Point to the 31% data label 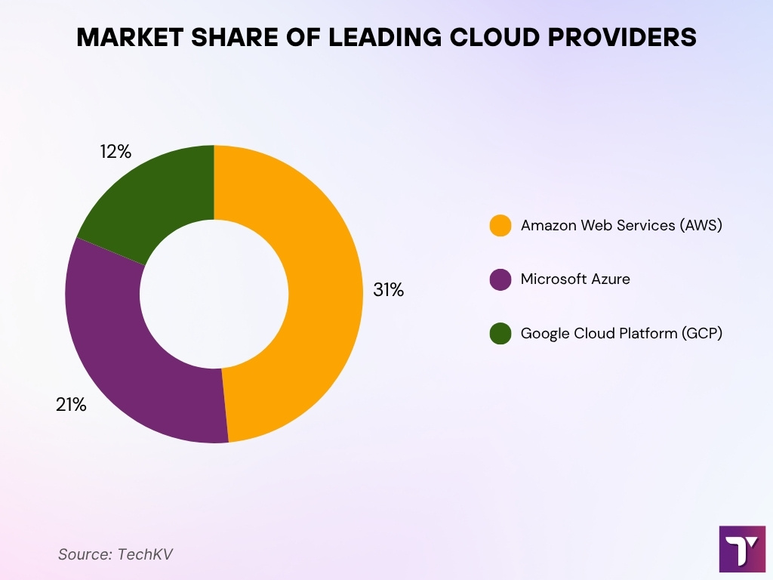(x=389, y=290)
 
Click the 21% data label (x=71, y=405)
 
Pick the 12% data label (x=115, y=152)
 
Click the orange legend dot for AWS (x=500, y=225)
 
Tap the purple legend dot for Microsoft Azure (x=500, y=279)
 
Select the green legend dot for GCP (x=500, y=333)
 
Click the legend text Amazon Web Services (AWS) (x=621, y=225)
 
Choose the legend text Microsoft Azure (x=575, y=279)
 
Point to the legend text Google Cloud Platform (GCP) (x=621, y=333)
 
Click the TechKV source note (x=115, y=554)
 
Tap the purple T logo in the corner (x=742, y=549)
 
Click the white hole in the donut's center (x=214, y=294)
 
